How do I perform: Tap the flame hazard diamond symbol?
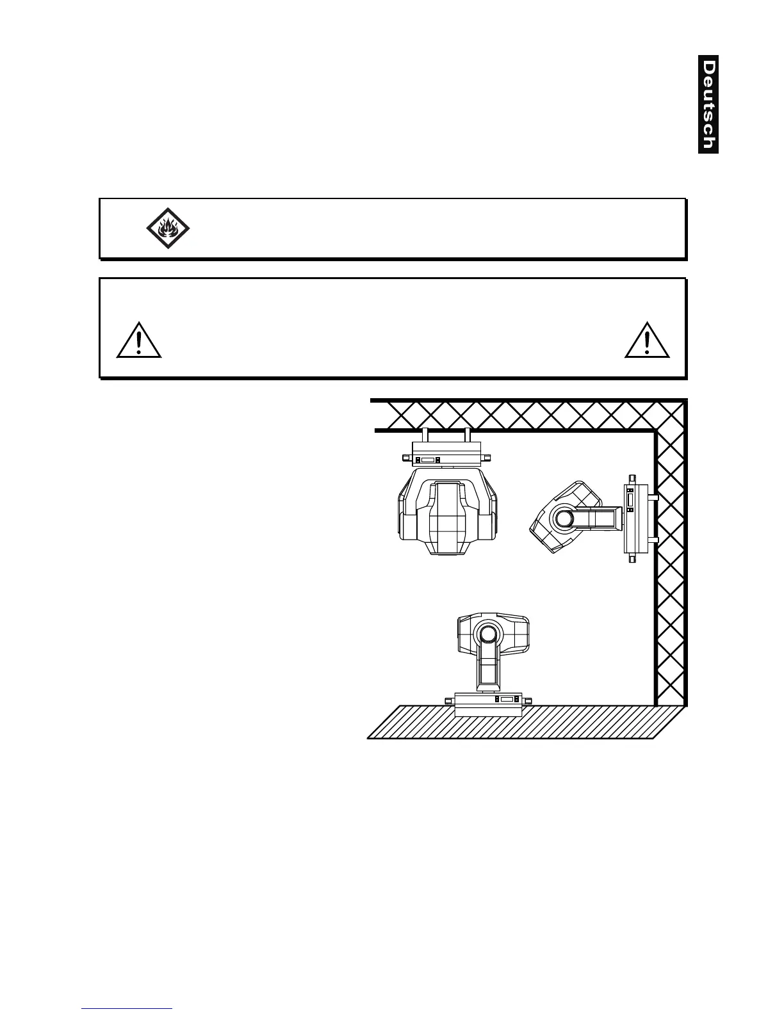tap(168, 228)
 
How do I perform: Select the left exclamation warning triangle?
tap(139, 341)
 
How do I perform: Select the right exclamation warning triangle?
tap(647, 341)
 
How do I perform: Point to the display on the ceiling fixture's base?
tap(427, 460)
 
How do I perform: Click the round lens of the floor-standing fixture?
tap(487, 634)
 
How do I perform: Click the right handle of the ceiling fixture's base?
tap(487, 458)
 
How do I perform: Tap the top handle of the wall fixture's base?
tap(632, 478)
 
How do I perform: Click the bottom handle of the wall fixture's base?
tap(632, 559)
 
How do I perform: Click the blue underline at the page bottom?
tap(127, 1008)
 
